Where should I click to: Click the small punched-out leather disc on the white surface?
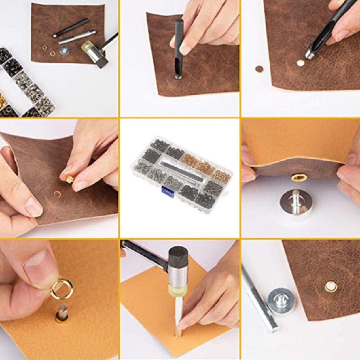[x=259, y=69]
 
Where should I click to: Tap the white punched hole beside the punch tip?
[x=300, y=63]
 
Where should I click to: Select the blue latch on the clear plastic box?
[x=167, y=191]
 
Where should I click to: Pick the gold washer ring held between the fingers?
[x=62, y=289]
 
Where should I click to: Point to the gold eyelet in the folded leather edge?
[x=299, y=177]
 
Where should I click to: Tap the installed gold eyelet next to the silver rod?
[x=331, y=287]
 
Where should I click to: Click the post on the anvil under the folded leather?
[x=296, y=197]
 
